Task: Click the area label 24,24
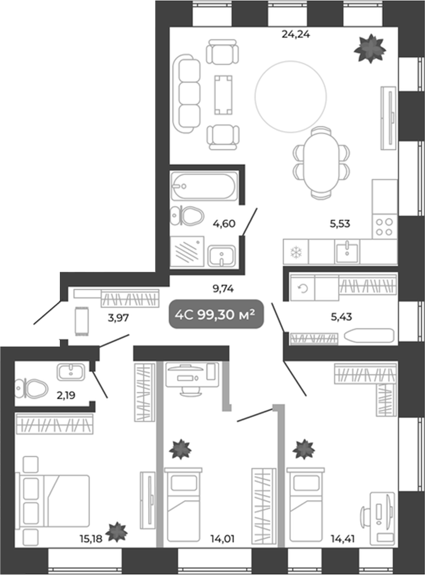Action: pyautogui.click(x=296, y=35)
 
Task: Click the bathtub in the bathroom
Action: pyautogui.click(x=204, y=186)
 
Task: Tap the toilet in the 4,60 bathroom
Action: pyautogui.click(x=187, y=216)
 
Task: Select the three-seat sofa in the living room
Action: pyautogui.click(x=189, y=93)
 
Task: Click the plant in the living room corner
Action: pyautogui.click(x=369, y=49)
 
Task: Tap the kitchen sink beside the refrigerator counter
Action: pyautogui.click(x=348, y=251)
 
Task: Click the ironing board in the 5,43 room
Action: pyautogui.click(x=369, y=336)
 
